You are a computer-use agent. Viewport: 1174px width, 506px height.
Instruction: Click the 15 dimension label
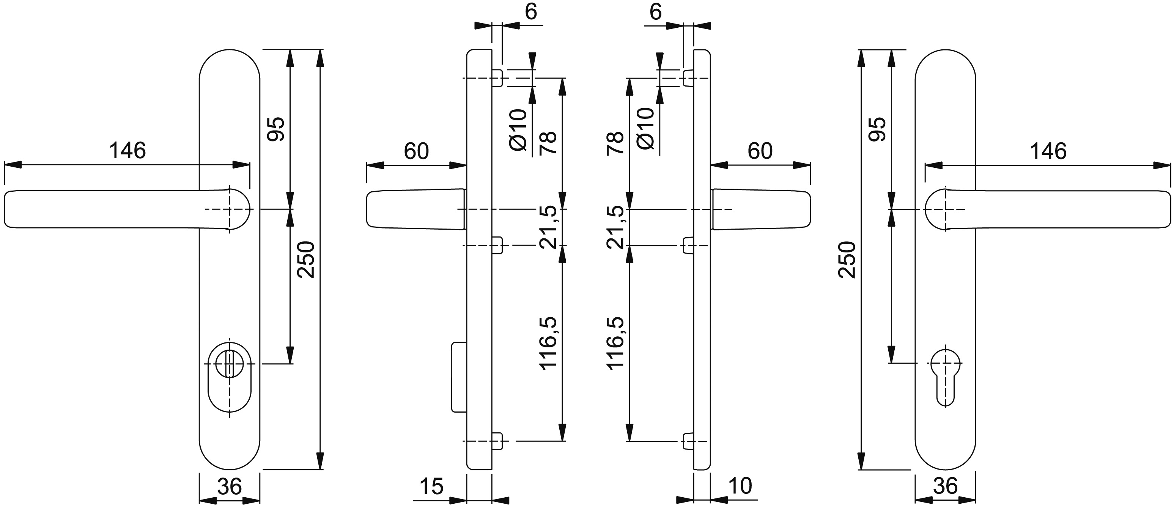[x=431, y=486]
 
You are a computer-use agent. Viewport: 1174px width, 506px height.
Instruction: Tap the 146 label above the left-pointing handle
[x=127, y=151]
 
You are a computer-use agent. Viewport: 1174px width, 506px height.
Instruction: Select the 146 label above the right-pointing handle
[x=1048, y=151]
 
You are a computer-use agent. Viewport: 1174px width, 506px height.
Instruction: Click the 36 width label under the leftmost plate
[x=229, y=486]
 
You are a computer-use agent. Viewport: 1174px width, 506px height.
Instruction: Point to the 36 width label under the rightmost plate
[x=945, y=486]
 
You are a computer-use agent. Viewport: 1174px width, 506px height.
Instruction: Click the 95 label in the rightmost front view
[x=877, y=129]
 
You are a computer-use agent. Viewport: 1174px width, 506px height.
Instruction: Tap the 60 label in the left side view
[x=416, y=151]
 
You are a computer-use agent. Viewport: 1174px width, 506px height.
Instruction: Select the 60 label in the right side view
[x=760, y=151]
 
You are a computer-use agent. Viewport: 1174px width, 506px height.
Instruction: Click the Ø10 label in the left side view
[x=518, y=130]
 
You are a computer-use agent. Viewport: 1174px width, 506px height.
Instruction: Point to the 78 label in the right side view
[x=615, y=143]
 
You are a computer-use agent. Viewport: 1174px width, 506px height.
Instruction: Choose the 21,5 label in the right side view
[x=615, y=227]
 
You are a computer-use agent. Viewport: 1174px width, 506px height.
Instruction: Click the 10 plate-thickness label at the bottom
[x=740, y=486]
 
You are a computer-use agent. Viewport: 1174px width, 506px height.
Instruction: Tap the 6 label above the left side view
[x=531, y=12]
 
